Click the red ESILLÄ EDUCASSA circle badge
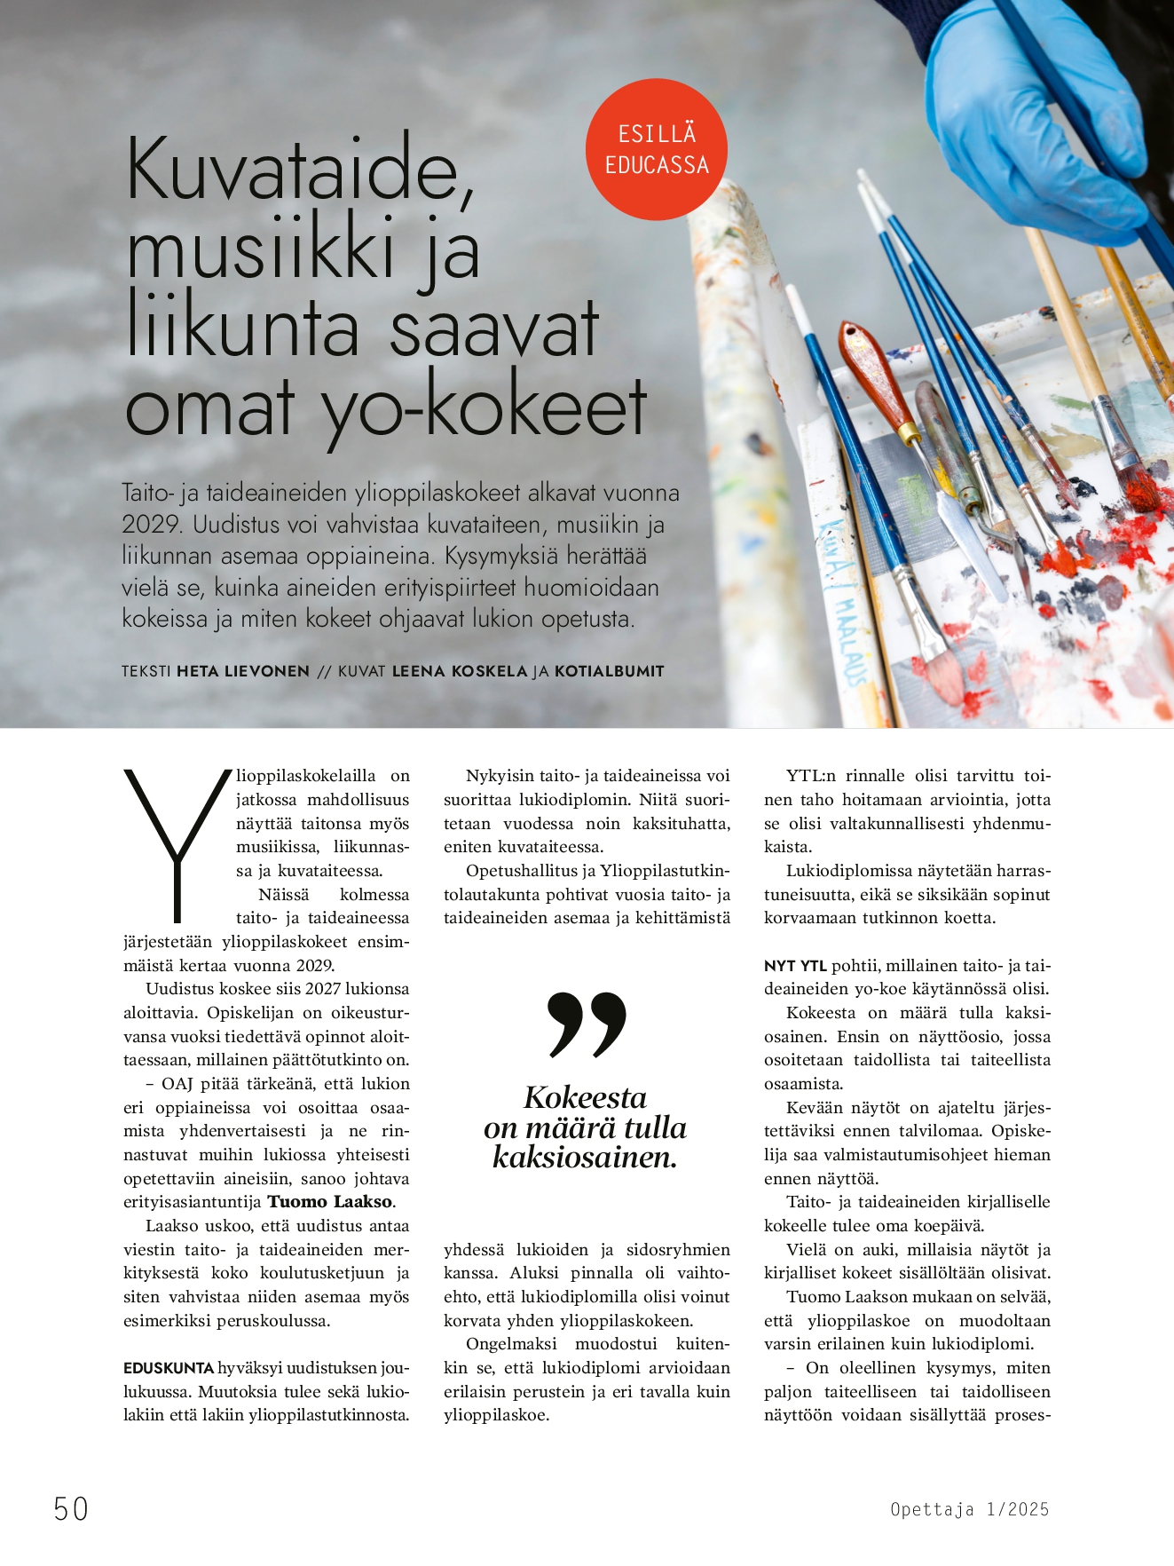coord(657,149)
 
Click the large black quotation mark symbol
coord(587,1025)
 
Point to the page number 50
coord(71,1508)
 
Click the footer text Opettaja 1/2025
coord(969,1509)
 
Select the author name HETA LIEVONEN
coord(243,671)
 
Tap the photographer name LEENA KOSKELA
coord(460,671)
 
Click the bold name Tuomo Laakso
coord(330,1202)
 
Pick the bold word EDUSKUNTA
coord(169,1368)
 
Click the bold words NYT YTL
coord(795,966)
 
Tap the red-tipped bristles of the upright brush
coord(1140,488)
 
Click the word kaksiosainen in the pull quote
coord(585,1158)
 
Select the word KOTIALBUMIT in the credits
coord(609,671)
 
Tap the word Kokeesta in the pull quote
coord(585,1098)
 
